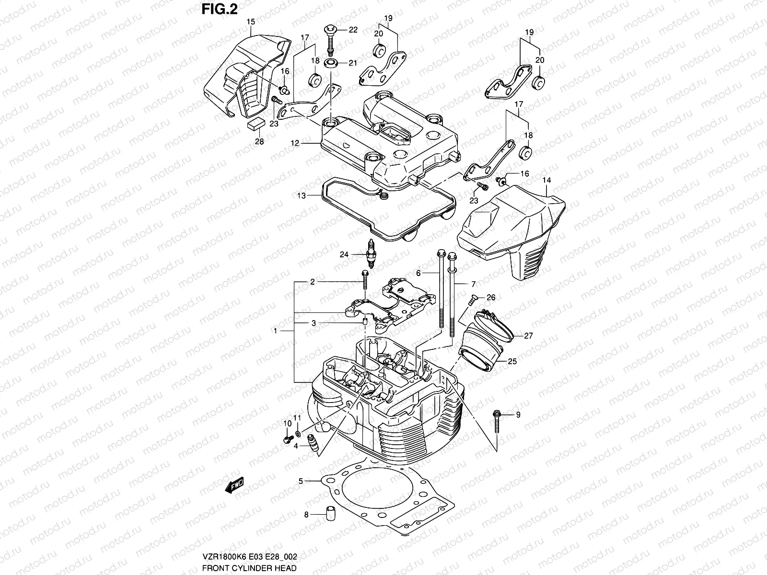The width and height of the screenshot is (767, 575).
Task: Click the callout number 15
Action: click(250, 22)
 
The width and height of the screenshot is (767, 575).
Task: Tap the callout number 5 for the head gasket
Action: click(301, 480)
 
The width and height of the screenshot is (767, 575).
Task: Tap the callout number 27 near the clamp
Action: click(528, 336)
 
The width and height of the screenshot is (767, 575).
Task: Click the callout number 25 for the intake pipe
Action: click(512, 362)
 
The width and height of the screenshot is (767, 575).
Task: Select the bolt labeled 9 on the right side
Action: click(497, 420)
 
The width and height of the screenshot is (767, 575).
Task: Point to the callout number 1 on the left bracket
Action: click(275, 331)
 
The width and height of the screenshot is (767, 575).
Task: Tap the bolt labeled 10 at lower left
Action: click(289, 438)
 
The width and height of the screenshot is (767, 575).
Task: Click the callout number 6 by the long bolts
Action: click(418, 273)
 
